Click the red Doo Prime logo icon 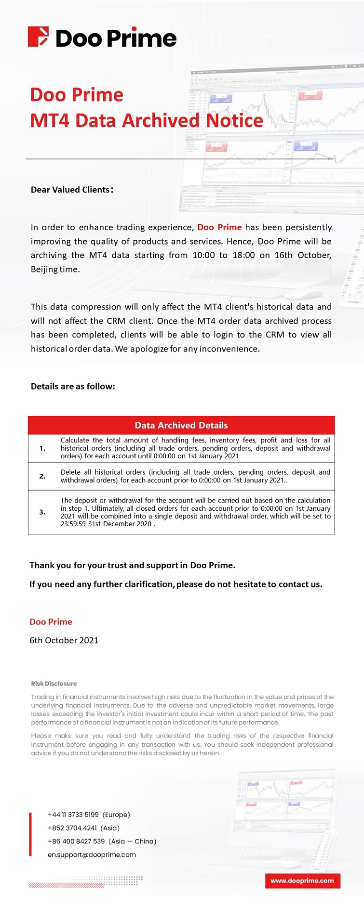tap(38, 37)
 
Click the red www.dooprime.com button tap(302, 881)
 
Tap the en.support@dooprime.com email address tap(92, 855)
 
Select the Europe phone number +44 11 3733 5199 tap(73, 815)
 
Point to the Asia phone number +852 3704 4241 tap(72, 828)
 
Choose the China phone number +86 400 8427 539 tap(76, 841)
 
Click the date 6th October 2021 tap(64, 640)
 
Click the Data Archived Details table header tap(181, 425)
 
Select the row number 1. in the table tap(42, 448)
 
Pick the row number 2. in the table tap(42, 476)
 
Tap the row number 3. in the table tap(42, 512)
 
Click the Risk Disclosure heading tap(54, 684)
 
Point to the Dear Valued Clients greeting tap(72, 190)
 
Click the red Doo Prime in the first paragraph tap(219, 227)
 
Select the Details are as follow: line tap(73, 386)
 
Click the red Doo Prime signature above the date tap(51, 622)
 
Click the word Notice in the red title tap(235, 120)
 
